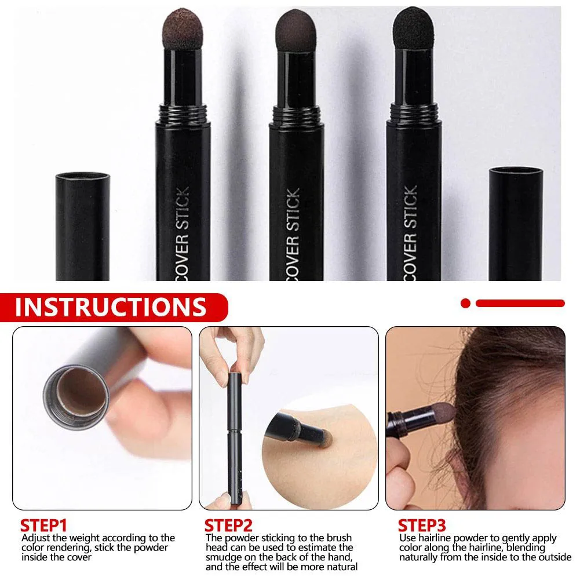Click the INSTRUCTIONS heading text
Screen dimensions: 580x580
tap(110, 307)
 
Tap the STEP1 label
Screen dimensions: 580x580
tap(43, 526)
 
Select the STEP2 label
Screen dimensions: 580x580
tap(228, 526)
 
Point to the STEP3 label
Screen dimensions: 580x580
tap(421, 526)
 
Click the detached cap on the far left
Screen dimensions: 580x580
tap(82, 226)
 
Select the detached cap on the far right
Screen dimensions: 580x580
tap(515, 223)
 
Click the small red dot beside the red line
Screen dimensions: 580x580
tap(465, 302)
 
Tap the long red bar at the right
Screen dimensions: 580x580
tap(520, 302)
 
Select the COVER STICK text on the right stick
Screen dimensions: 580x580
tap(410, 232)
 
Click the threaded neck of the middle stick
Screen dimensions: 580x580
tap(296, 112)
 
